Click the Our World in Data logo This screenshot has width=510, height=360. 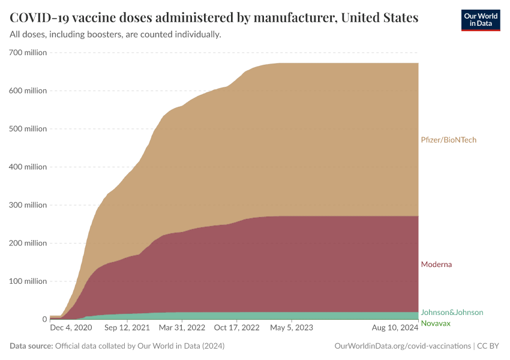pyautogui.click(x=480, y=20)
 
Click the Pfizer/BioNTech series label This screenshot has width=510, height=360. pyautogui.click(x=448, y=140)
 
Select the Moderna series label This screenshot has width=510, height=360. pyautogui.click(x=436, y=264)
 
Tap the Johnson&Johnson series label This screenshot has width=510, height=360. pyautogui.click(x=451, y=312)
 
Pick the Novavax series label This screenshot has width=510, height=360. pyautogui.click(x=436, y=323)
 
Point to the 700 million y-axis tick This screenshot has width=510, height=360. pyautogui.click(x=28, y=53)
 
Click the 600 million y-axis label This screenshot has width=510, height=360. pyautogui.click(x=28, y=91)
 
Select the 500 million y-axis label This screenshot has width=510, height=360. pyautogui.click(x=28, y=129)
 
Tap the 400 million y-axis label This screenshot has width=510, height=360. pyautogui.click(x=28, y=167)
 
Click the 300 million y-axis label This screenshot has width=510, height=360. pyautogui.click(x=28, y=205)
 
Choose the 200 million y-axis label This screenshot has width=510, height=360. pyautogui.click(x=28, y=243)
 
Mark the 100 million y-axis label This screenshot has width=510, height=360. pyautogui.click(x=28, y=281)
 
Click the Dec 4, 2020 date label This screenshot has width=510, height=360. pyautogui.click(x=71, y=328)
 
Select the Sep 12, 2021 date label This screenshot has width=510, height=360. pyautogui.click(x=127, y=328)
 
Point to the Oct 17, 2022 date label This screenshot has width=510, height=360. pyautogui.click(x=236, y=328)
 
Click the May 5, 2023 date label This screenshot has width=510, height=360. pyautogui.click(x=292, y=328)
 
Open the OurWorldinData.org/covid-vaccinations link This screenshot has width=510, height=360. pyautogui.click(x=401, y=346)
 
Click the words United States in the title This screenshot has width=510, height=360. pyautogui.click(x=379, y=17)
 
